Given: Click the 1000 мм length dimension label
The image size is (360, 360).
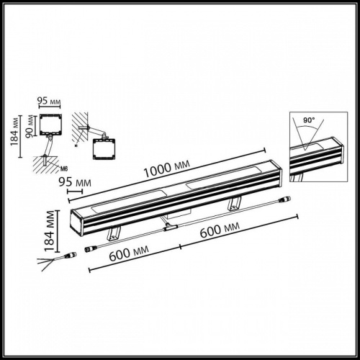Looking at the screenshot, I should coord(167,169).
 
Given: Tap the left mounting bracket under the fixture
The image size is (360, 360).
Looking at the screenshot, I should coord(114,232).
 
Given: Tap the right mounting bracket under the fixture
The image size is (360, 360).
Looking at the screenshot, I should coord(235,204).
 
